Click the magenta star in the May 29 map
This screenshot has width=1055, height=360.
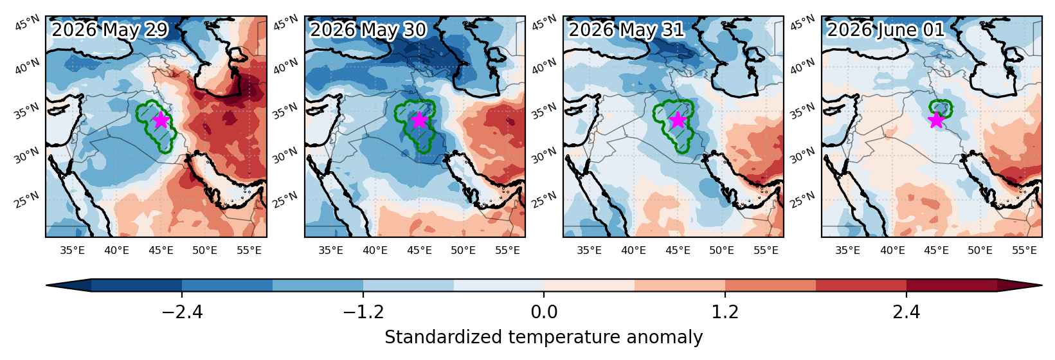[x=161, y=120]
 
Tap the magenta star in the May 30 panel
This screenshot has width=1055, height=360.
[x=419, y=120]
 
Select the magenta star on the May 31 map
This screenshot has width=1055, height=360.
[x=678, y=120]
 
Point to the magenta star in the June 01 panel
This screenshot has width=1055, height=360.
[x=936, y=120]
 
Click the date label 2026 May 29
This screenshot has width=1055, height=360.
[x=110, y=30]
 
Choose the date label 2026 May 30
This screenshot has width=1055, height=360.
[x=368, y=30]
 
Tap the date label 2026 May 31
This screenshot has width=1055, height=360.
[x=626, y=30]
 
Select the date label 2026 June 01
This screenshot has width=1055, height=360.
[x=886, y=30]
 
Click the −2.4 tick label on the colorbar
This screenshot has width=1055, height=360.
[x=182, y=312]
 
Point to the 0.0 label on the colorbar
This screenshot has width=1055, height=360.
[x=544, y=312]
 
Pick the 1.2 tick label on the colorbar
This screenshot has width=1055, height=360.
[x=725, y=312]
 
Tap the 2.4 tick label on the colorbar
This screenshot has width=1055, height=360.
[x=906, y=312]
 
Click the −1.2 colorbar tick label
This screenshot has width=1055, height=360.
[x=363, y=312]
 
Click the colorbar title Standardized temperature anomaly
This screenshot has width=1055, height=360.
[x=544, y=337]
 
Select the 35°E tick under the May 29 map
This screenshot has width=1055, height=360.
[x=73, y=250]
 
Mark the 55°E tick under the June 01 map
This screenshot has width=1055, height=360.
[x=1024, y=250]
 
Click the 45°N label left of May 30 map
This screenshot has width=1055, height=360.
[x=285, y=22]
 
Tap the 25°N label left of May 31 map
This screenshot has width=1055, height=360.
[x=544, y=200]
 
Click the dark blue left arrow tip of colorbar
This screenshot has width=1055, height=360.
[x=47, y=285]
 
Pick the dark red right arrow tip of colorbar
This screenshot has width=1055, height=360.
[x=1041, y=285]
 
